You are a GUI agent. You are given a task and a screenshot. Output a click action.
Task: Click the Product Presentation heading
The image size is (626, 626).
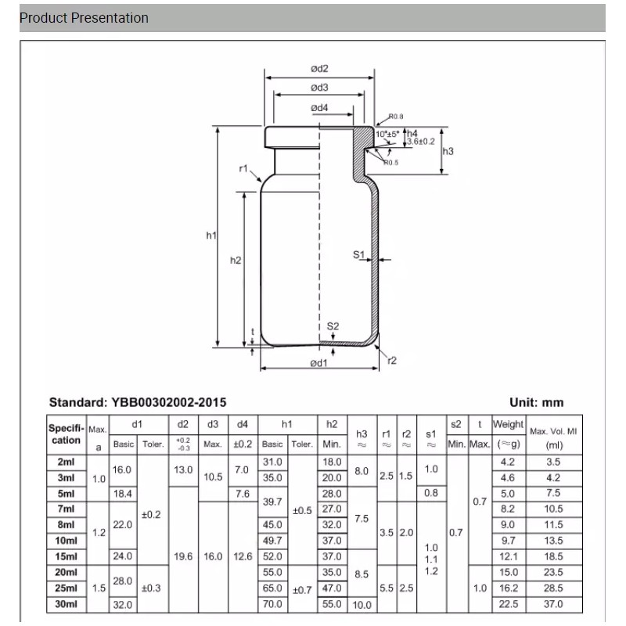tap(84, 18)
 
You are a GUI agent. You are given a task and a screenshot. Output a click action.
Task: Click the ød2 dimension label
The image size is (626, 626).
tap(319, 68)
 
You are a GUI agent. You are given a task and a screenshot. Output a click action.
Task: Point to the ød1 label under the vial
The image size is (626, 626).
tap(318, 362)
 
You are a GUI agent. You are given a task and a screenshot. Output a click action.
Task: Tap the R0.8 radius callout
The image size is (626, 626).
tap(396, 117)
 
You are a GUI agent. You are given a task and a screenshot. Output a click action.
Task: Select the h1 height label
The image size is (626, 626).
tap(210, 235)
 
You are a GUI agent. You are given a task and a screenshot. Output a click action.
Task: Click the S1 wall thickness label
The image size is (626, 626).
tap(359, 255)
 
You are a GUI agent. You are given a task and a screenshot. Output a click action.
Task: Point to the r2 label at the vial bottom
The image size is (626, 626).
tap(392, 360)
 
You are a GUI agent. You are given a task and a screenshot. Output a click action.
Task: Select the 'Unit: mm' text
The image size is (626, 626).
tap(536, 402)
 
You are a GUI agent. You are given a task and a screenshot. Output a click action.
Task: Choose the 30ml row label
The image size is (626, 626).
tap(66, 604)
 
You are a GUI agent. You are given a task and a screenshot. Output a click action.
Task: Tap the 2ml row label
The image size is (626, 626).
tap(66, 462)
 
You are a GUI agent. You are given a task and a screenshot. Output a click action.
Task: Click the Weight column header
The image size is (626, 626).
tap(508, 424)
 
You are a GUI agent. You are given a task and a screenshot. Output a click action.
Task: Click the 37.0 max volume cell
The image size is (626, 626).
tap(554, 604)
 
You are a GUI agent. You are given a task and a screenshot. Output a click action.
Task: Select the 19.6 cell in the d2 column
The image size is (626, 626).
tap(183, 556)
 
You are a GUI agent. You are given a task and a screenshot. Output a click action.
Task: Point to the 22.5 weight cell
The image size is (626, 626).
tap(508, 604)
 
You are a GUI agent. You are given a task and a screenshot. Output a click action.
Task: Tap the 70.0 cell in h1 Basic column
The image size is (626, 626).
tap(273, 604)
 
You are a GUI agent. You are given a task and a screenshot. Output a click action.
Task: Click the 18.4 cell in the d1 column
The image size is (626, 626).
tap(124, 494)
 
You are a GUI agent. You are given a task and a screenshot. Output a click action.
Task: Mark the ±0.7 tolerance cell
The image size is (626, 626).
tap(302, 588)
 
